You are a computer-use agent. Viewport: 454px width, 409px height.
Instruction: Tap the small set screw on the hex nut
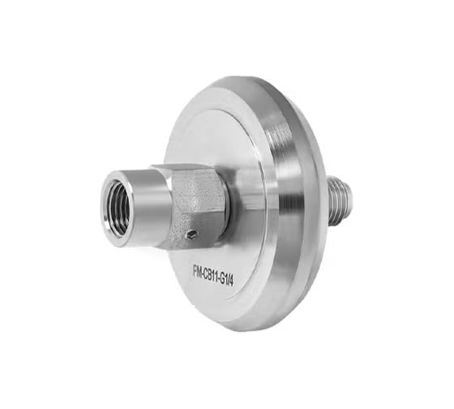coord(191,235)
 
